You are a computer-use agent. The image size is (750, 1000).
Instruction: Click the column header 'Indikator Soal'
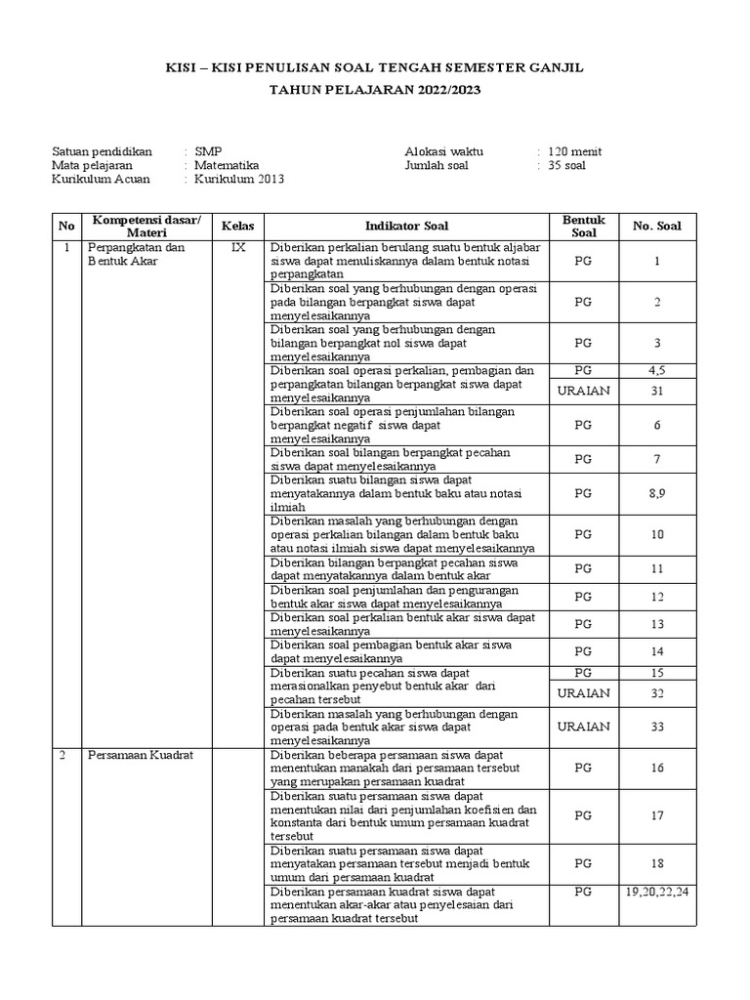pyautogui.click(x=407, y=226)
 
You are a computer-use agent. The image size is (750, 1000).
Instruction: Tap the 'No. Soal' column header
pyautogui.click(x=657, y=226)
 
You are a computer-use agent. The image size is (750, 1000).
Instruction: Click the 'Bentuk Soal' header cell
pyautogui.click(x=583, y=226)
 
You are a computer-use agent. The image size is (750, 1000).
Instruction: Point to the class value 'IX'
pyautogui.click(x=237, y=248)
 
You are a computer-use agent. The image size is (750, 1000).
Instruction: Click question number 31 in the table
pyautogui.click(x=657, y=391)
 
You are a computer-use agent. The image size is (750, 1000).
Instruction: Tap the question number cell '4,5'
pyautogui.click(x=657, y=371)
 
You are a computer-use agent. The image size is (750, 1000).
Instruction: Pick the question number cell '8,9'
pyautogui.click(x=657, y=494)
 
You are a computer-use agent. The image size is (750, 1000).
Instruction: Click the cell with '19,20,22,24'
pyautogui.click(x=657, y=892)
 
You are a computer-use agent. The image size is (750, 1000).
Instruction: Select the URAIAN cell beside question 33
pyautogui.click(x=583, y=727)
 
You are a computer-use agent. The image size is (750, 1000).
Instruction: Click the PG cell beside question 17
pyautogui.click(x=583, y=815)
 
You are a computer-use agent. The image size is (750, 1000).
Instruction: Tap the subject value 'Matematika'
pyautogui.click(x=226, y=166)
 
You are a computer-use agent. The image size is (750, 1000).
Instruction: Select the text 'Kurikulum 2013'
pyautogui.click(x=239, y=181)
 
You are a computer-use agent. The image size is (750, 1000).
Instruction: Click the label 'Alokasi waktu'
pyautogui.click(x=443, y=151)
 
